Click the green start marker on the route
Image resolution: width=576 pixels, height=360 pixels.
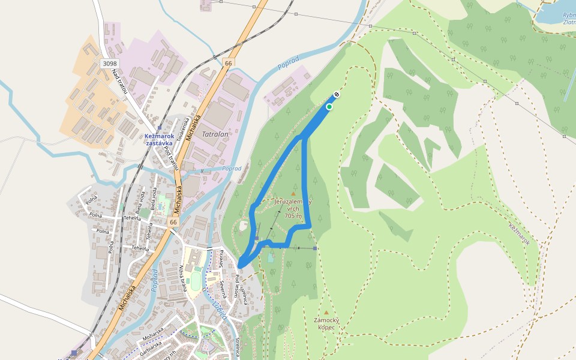point(329,107)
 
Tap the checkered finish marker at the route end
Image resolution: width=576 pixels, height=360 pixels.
point(337,95)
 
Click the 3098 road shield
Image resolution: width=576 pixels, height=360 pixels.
point(110,64)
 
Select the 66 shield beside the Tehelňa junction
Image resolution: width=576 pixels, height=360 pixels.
point(173,223)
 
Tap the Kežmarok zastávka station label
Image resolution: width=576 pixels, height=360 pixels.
point(159,140)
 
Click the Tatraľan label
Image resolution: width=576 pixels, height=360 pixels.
point(215,135)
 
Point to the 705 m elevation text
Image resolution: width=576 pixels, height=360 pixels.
point(293,215)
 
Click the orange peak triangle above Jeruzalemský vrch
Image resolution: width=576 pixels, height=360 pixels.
point(293,193)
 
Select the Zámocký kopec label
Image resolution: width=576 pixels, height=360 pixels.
point(326,323)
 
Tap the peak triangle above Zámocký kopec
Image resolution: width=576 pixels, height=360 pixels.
point(326,313)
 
